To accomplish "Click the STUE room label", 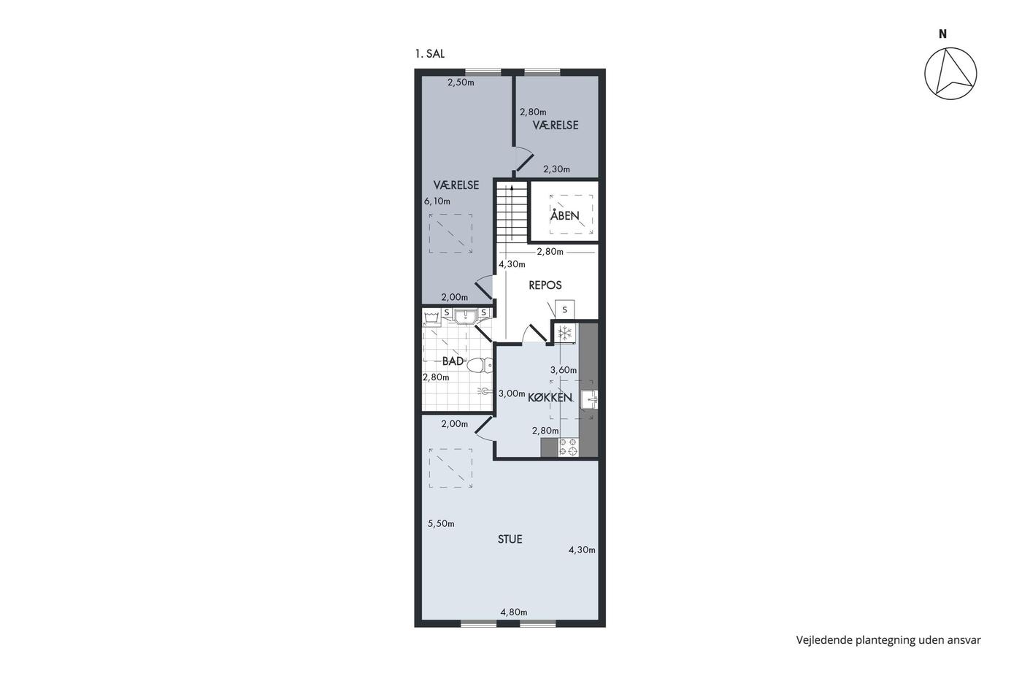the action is coord(510,539).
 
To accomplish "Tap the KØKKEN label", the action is coord(550,397).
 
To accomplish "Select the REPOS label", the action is coord(545,285).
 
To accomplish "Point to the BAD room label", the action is coord(453,361).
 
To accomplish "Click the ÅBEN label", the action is coord(565,215).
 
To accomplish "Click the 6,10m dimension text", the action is coord(437,201).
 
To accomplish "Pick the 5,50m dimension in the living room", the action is coord(441,523).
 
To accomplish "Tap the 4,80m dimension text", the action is coord(514,612).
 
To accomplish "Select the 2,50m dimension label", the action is coord(461,82).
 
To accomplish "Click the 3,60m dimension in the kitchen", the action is coord(564,370).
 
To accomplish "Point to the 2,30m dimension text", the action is coord(556,169).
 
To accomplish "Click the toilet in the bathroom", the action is coord(480,365).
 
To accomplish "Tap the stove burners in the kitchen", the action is coord(569,447).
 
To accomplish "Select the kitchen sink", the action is coord(590,400).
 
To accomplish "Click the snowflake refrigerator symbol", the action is coord(565,333).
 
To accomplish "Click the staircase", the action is coord(512,212).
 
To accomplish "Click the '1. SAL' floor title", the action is coord(429,54).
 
